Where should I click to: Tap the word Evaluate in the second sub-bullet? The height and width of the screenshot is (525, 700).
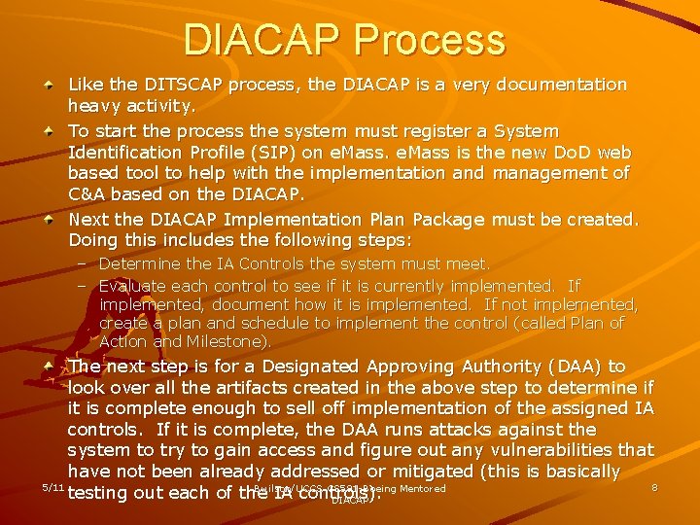point(134,286)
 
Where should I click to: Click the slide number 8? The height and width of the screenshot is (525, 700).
point(654,488)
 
